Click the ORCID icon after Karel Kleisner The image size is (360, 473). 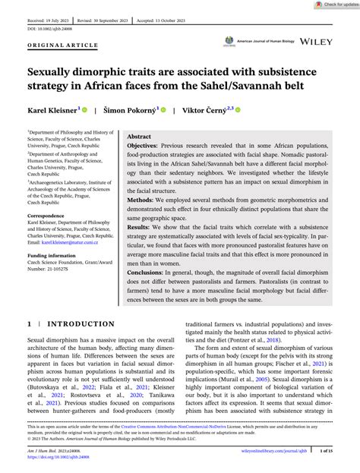(84, 109)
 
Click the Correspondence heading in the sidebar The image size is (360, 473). (44, 216)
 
